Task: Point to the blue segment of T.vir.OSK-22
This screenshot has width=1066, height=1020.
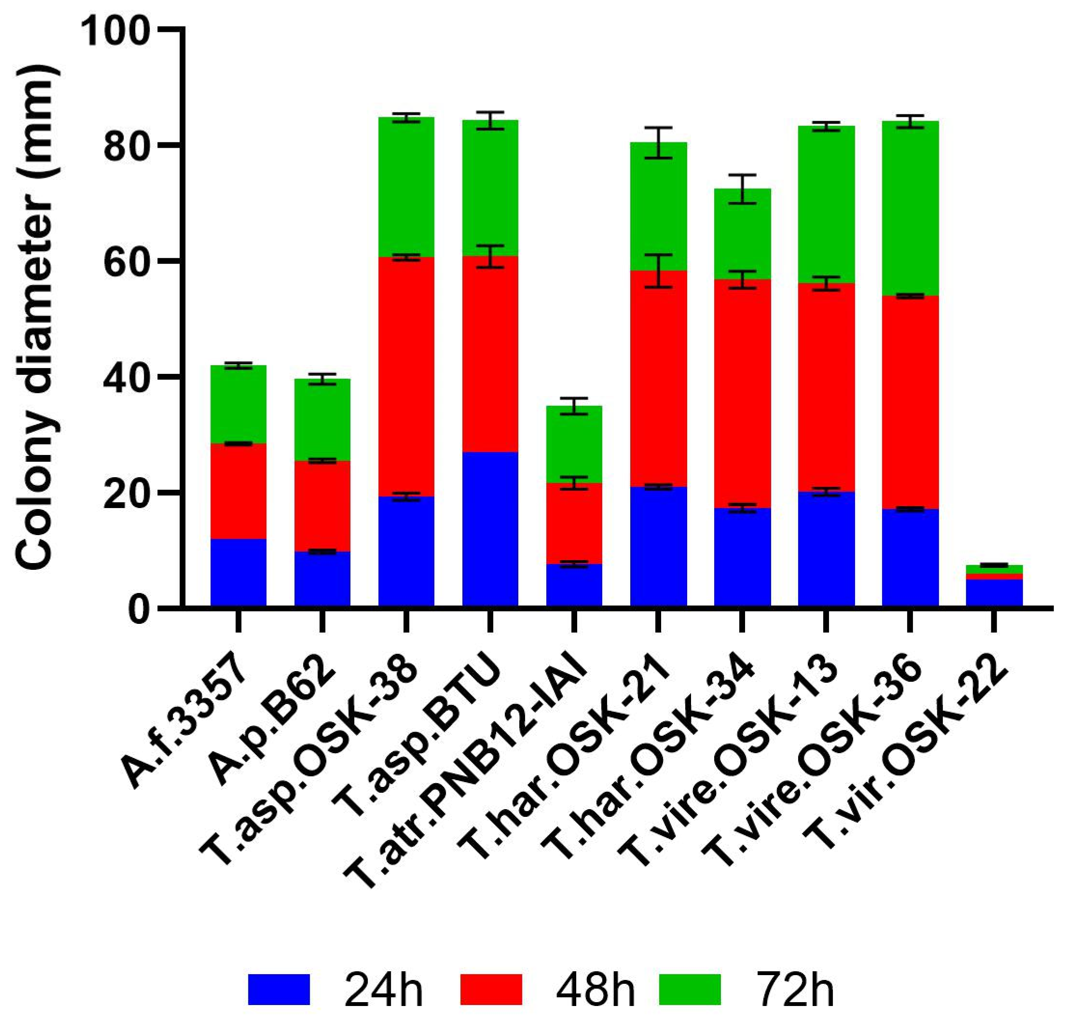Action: (994, 593)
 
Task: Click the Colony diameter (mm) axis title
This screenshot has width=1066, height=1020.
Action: (35, 321)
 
